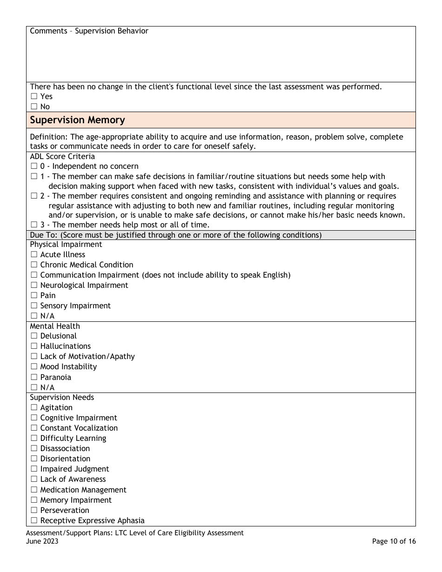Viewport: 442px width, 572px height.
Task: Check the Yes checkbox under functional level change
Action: (x=33, y=97)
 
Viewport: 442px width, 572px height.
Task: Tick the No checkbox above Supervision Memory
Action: (x=33, y=107)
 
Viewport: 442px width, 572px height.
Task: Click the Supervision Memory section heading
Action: (x=77, y=120)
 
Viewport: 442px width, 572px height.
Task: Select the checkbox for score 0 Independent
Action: (x=33, y=166)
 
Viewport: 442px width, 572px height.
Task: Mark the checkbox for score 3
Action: (x=33, y=226)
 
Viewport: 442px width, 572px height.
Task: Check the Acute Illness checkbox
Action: (x=33, y=255)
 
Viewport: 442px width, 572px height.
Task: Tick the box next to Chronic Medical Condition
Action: (x=33, y=265)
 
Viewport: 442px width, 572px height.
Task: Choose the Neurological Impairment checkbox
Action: (x=33, y=286)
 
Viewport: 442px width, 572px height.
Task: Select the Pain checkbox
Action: (x=33, y=296)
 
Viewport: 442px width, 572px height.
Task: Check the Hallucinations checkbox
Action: (x=33, y=346)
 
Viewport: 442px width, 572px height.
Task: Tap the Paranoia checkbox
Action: (x=33, y=378)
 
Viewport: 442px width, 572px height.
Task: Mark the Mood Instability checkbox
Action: (x=33, y=367)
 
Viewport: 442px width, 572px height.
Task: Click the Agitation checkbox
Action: (x=33, y=408)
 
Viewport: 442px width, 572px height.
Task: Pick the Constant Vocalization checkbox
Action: (x=33, y=428)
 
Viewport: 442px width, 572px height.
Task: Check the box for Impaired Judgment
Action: (x=33, y=469)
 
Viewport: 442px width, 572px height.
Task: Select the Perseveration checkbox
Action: (x=33, y=511)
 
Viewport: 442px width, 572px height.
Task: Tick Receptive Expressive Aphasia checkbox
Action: (x=33, y=521)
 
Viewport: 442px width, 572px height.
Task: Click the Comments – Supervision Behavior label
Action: (x=89, y=31)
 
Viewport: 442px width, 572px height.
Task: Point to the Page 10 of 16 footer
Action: (x=394, y=541)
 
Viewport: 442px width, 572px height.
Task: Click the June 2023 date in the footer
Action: (x=42, y=541)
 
